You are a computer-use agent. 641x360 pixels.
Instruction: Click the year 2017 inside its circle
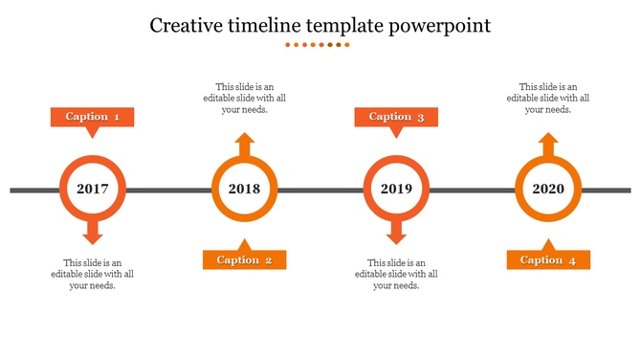click(93, 189)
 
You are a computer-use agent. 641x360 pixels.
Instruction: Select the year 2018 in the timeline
click(245, 189)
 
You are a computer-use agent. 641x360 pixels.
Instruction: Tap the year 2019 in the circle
click(396, 189)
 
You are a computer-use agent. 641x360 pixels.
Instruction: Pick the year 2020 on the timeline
click(548, 189)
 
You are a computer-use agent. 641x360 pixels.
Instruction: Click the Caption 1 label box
click(92, 117)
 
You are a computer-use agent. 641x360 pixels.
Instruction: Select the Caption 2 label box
click(244, 259)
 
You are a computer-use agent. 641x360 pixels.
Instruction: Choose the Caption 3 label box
click(396, 117)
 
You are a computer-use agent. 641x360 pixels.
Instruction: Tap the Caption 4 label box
click(548, 259)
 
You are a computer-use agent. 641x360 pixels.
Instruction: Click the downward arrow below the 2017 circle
click(93, 233)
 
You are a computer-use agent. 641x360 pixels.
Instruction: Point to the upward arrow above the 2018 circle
click(245, 145)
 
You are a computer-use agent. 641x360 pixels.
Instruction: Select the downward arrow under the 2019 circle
click(396, 233)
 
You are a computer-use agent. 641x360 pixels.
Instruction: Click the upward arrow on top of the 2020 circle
click(548, 145)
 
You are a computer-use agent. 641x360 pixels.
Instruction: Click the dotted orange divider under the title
click(320, 44)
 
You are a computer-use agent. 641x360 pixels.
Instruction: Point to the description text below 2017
click(93, 274)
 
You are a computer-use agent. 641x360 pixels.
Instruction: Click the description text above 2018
click(244, 98)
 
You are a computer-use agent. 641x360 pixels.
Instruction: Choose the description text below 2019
click(396, 274)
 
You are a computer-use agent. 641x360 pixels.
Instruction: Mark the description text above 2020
click(548, 98)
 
